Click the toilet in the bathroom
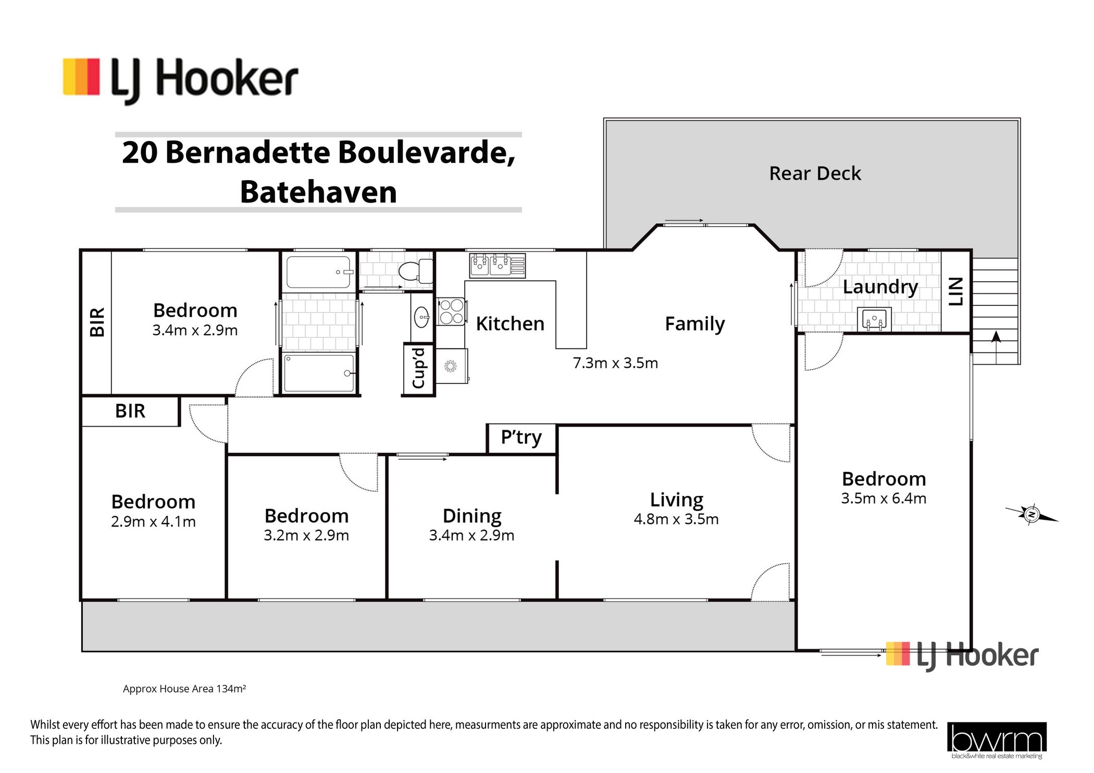pyautogui.click(x=416, y=271)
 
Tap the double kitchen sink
pyautogui.click(x=497, y=265)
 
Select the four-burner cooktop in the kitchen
pyautogui.click(x=450, y=311)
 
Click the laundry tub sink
pyautogui.click(x=874, y=319)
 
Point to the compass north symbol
pyautogui.click(x=1031, y=515)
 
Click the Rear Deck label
pyautogui.click(x=815, y=173)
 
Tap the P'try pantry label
pyautogui.click(x=521, y=438)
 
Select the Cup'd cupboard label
pyautogui.click(x=419, y=368)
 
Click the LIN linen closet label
pyautogui.click(x=956, y=291)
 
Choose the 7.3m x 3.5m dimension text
pyautogui.click(x=615, y=363)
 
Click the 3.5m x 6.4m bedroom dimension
pyautogui.click(x=884, y=498)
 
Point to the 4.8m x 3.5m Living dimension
pyautogui.click(x=676, y=519)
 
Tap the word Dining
pyautogui.click(x=472, y=516)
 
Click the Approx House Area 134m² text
pyautogui.click(x=184, y=689)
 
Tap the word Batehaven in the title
pyautogui.click(x=318, y=192)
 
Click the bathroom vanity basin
pyautogui.click(x=421, y=317)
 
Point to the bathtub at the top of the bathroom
pyautogui.click(x=319, y=272)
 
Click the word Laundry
pyautogui.click(x=880, y=287)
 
